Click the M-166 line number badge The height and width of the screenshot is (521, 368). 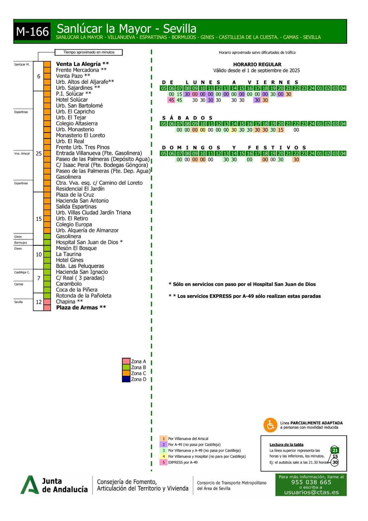click(x=32, y=32)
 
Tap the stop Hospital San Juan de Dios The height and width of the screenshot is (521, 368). click(x=87, y=242)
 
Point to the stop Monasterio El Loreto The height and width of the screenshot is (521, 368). click(x=80, y=135)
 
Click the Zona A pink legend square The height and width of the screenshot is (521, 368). click(x=126, y=361)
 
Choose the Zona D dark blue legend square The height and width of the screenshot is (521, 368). click(x=126, y=379)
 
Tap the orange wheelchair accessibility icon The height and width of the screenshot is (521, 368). click(x=270, y=425)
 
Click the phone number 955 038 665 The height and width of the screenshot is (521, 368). click(x=311, y=482)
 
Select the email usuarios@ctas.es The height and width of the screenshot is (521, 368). click(x=311, y=492)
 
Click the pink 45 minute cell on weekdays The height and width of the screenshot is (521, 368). click(x=172, y=100)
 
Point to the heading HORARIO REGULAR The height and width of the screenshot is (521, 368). click(x=257, y=64)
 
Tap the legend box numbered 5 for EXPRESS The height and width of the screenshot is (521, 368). click(x=163, y=462)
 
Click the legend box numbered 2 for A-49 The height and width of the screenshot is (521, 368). click(x=163, y=444)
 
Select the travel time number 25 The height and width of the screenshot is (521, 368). click(x=39, y=153)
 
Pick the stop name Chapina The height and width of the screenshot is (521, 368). click(x=65, y=302)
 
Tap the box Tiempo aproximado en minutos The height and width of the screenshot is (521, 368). click(x=89, y=52)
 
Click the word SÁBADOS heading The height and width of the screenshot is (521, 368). click(x=187, y=118)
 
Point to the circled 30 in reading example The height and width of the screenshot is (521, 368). click(x=335, y=462)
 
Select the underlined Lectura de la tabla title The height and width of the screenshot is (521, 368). click(x=286, y=444)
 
